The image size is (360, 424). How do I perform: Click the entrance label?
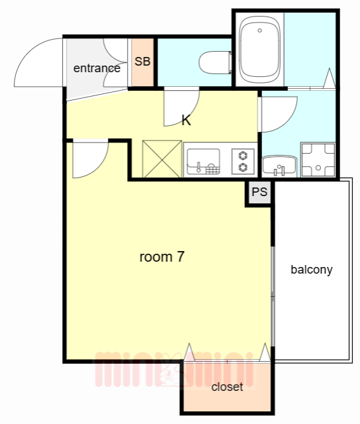coord(97,68)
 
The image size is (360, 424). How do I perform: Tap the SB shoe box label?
coord(142,62)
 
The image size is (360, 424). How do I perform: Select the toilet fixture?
coord(215,62)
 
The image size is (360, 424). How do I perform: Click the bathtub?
coord(259,50)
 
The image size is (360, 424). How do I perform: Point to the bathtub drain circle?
coord(259,30)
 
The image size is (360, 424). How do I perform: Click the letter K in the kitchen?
coord(186,121)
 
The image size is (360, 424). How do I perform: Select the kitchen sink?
coord(203,161)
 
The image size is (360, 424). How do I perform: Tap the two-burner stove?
coord(243,162)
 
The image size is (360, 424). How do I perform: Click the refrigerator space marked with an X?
coord(162,159)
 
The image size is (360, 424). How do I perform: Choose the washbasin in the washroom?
coord(279,165)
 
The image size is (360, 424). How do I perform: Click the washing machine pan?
coord(318,160)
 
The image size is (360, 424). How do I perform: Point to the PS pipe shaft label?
coord(259,192)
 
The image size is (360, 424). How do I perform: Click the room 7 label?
coord(162,256)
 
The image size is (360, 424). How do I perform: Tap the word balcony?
coord(312,270)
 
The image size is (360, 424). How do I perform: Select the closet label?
coord(227,387)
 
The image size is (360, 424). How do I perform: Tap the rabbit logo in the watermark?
coord(168,371)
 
